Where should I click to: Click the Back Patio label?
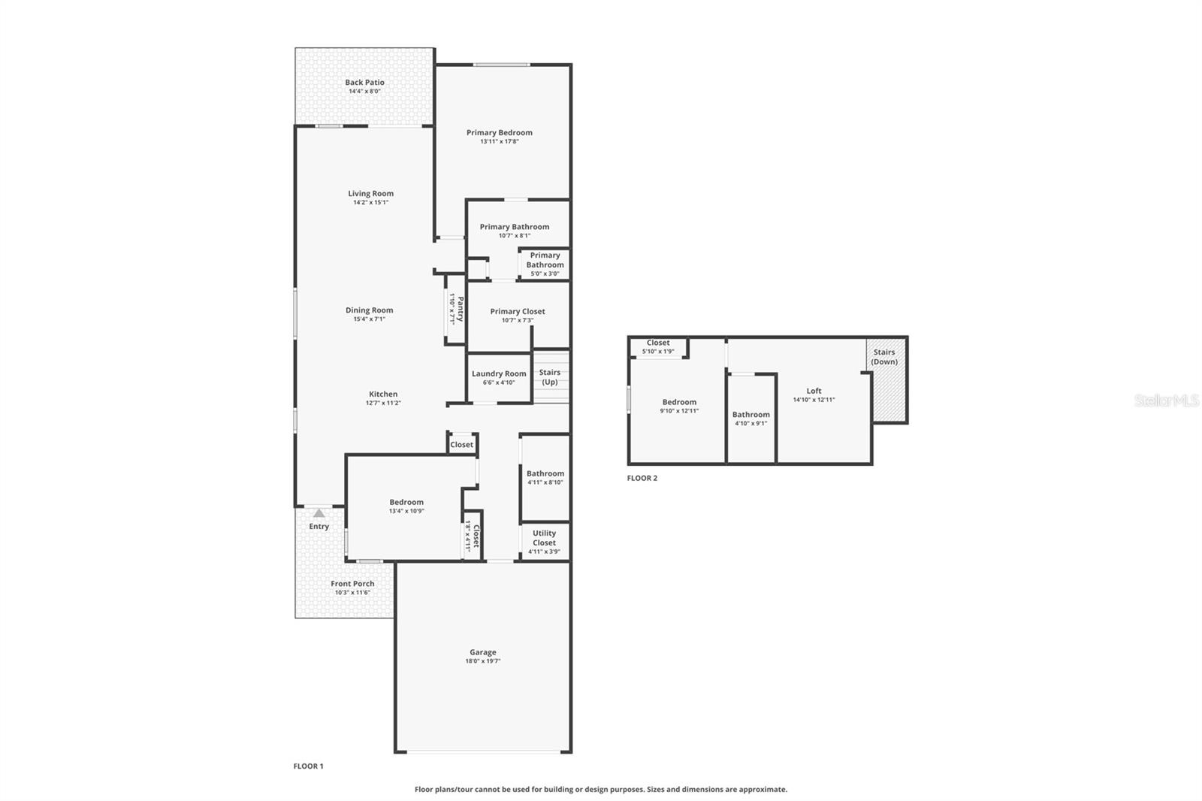[364, 83]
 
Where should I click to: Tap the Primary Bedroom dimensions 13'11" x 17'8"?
[500, 141]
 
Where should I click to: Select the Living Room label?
[370, 194]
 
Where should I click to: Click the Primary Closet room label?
[518, 311]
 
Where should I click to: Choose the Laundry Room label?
[499, 373]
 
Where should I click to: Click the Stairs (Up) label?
[550, 377]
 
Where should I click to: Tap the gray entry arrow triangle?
[319, 513]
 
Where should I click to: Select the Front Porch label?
[352, 584]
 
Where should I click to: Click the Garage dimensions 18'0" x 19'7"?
[483, 661]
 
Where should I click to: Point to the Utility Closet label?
[544, 538]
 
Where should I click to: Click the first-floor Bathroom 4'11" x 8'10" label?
[545, 474]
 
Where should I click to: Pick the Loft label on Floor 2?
[814, 391]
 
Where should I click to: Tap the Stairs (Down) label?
[884, 357]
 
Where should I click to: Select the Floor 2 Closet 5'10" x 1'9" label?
[658, 343]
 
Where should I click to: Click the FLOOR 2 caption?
[642, 478]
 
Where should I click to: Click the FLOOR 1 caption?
[308, 766]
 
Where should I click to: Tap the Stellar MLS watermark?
[1166, 400]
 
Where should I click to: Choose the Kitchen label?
[383, 394]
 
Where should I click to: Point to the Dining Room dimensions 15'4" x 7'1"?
[369, 319]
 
